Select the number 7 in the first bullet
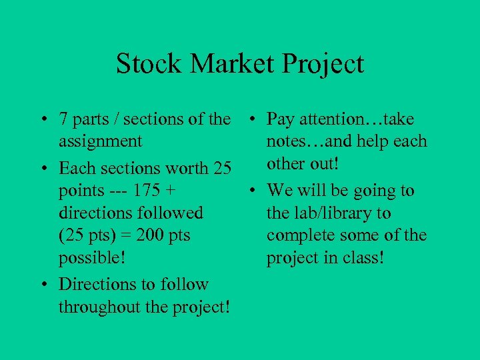63,119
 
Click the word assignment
100,142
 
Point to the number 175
146,191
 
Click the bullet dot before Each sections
42,169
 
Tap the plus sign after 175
171,191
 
